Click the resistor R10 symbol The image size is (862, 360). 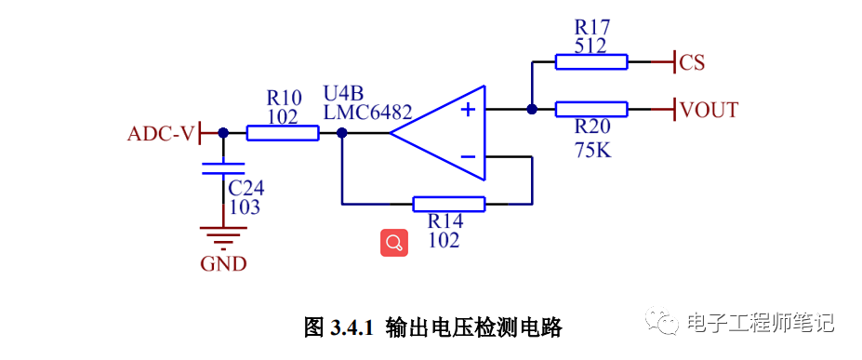[283, 133]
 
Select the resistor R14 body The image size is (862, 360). [448, 204]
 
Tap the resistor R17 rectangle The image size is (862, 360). [591, 62]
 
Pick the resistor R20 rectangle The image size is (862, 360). [591, 109]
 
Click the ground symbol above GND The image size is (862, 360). [223, 237]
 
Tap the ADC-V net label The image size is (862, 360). [161, 134]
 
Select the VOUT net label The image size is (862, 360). [709, 111]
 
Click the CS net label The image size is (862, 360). [692, 63]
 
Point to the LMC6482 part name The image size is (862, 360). [367, 112]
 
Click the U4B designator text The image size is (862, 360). [343, 93]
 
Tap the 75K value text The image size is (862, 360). [592, 150]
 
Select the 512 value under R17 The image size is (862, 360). [590, 45]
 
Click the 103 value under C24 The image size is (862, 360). [245, 207]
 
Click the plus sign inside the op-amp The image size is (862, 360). [468, 110]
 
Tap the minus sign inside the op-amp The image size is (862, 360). [468, 157]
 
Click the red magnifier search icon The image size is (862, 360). [393, 243]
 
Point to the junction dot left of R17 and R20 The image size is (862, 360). [532, 109]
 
